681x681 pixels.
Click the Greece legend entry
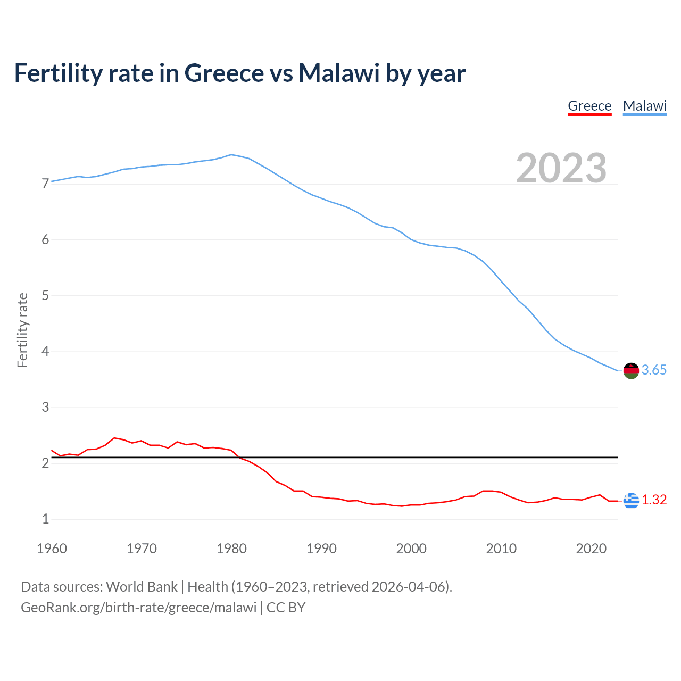coord(589,106)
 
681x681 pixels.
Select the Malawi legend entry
coord(645,106)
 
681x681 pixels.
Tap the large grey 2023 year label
coord(561,168)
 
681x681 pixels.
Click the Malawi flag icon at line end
coord(631,370)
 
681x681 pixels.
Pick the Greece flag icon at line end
coord(631,500)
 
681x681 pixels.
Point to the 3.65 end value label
coord(654,370)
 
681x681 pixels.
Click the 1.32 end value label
coord(654,500)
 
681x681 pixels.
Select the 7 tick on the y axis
coord(45,184)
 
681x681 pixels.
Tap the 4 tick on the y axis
coord(45,352)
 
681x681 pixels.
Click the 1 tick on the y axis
coord(45,519)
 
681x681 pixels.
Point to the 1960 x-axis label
coord(52,549)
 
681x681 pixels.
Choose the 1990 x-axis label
coord(321,549)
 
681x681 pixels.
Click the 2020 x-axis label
coord(591,549)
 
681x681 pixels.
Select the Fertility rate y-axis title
coord(22,330)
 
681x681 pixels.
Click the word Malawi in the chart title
coord(339,73)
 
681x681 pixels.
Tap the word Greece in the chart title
coord(223,73)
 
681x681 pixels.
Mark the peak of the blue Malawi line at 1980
coord(231,155)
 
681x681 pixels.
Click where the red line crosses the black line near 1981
coord(240,458)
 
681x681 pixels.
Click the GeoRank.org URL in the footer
coord(138,608)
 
